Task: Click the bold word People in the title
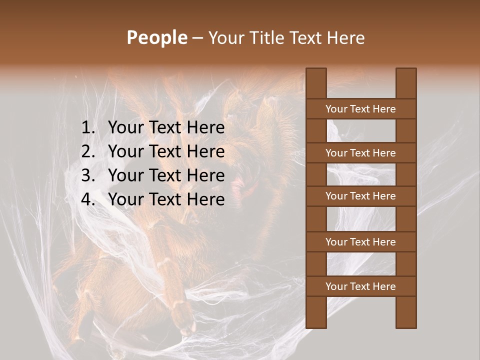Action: [x=156, y=37]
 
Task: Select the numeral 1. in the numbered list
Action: [x=88, y=128]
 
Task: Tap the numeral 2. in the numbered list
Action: [x=88, y=151]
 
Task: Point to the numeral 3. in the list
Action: [x=88, y=175]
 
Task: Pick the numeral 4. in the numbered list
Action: [x=88, y=199]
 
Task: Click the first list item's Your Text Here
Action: [x=166, y=128]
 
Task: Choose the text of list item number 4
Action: [x=166, y=199]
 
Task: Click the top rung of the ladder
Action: [x=360, y=109]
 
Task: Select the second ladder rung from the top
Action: [x=360, y=153]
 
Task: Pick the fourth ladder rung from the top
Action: [x=360, y=242]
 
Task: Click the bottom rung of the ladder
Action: [x=360, y=286]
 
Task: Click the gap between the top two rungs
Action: [x=360, y=131]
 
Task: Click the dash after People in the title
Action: [x=197, y=38]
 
